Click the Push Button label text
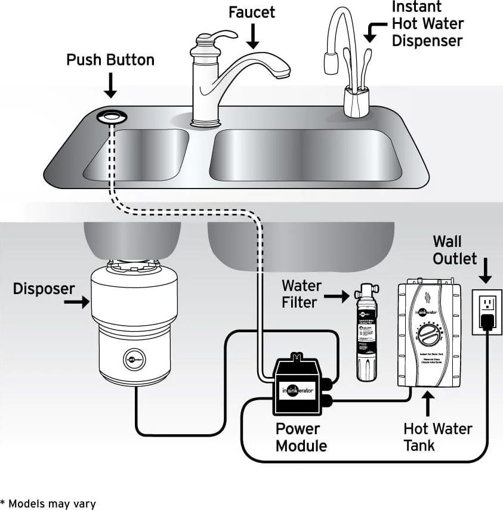coord(110,60)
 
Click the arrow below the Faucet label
coord(253,37)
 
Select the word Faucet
coord(252,11)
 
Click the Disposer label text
coord(44,289)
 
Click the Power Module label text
coord(301,437)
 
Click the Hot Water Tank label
coord(437,437)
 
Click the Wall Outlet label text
coord(455,250)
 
